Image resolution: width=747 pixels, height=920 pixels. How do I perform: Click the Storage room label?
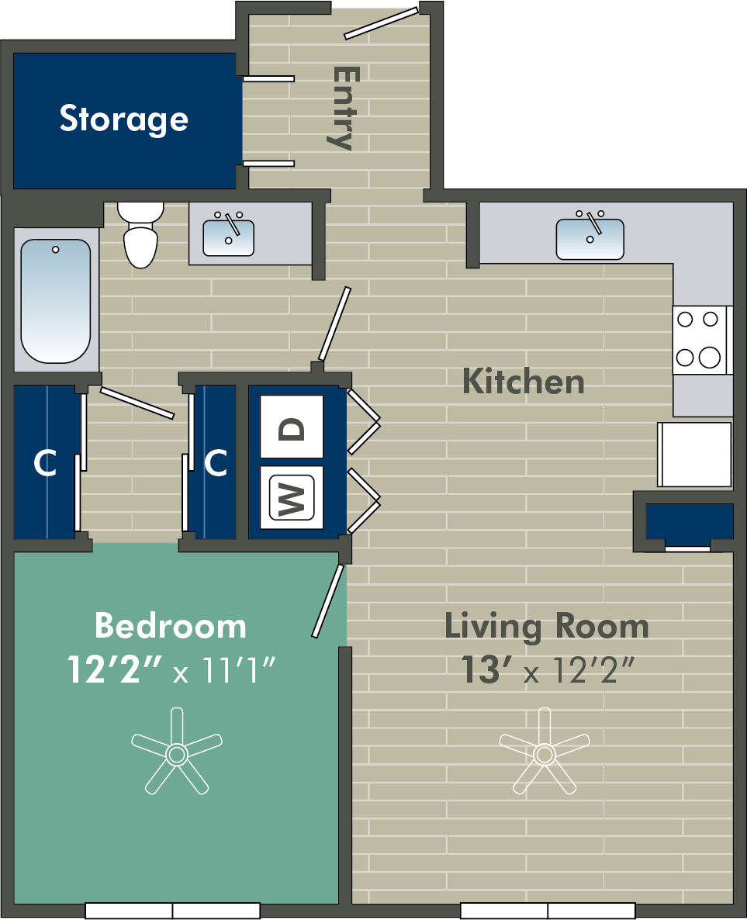(x=124, y=119)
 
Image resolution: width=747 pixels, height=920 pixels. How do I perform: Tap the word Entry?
(x=344, y=108)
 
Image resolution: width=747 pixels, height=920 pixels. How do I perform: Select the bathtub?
(x=57, y=300)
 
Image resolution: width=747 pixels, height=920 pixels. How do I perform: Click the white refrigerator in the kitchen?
(x=695, y=454)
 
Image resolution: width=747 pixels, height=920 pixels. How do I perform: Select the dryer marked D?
(x=292, y=427)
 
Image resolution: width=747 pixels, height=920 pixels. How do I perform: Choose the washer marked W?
(x=292, y=497)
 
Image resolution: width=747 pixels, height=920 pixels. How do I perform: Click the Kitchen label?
(x=524, y=382)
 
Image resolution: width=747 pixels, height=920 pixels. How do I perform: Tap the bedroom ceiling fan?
(x=177, y=752)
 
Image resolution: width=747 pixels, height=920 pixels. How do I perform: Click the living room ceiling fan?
(x=545, y=752)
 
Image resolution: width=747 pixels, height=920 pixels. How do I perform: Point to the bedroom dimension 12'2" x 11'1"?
(x=171, y=669)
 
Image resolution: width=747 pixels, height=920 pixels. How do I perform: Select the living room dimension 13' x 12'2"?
(x=548, y=669)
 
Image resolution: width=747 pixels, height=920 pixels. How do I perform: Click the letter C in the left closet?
(x=44, y=463)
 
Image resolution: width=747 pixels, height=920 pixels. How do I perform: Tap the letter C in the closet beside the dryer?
(x=216, y=462)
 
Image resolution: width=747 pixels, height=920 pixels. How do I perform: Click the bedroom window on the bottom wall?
(x=172, y=911)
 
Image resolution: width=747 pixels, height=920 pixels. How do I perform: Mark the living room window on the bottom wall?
(x=548, y=911)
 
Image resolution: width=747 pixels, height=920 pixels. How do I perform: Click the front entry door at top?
(x=382, y=22)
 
